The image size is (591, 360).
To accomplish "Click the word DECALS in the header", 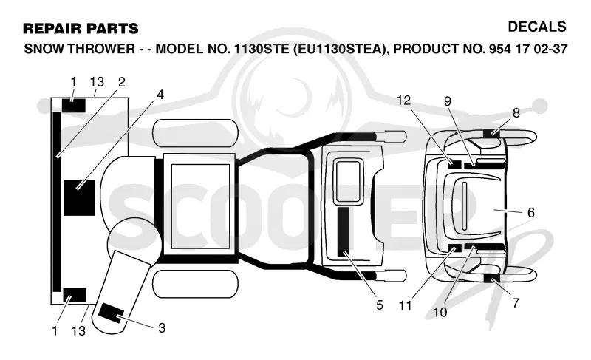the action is click(537, 27).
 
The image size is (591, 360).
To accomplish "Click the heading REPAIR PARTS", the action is click(81, 29).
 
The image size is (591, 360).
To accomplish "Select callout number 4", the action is click(160, 95).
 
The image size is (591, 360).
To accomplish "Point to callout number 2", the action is click(121, 82).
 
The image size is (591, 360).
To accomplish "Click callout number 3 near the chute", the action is click(162, 327).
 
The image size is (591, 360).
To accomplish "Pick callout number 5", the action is click(380, 305).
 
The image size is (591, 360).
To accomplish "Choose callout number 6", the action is click(531, 213).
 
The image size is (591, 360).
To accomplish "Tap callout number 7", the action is click(516, 302).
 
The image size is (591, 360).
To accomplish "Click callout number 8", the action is click(516, 112).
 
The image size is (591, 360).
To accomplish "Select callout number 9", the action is click(448, 101).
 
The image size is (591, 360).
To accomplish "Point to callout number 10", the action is click(440, 312).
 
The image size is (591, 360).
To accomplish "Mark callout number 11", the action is click(405, 305).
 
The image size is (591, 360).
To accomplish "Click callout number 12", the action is click(403, 101).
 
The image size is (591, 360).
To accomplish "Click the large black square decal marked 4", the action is click(79, 198).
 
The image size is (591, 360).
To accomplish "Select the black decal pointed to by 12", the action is click(454, 164).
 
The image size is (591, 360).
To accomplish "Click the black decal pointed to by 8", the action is click(491, 133).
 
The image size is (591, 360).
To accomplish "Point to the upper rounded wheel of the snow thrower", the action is click(195, 134).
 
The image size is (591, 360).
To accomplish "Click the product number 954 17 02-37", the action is click(527, 49).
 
